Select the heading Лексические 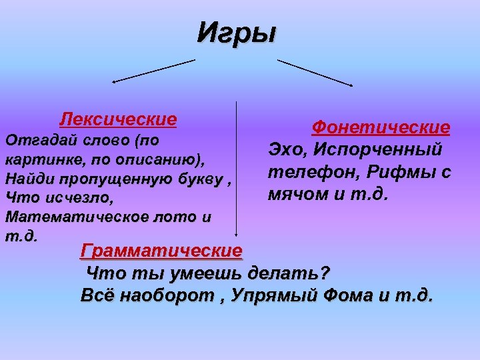point(118,119)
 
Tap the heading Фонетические point(381,127)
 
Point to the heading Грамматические point(161,251)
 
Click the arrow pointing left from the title point(153,71)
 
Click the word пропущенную point(107,179)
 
